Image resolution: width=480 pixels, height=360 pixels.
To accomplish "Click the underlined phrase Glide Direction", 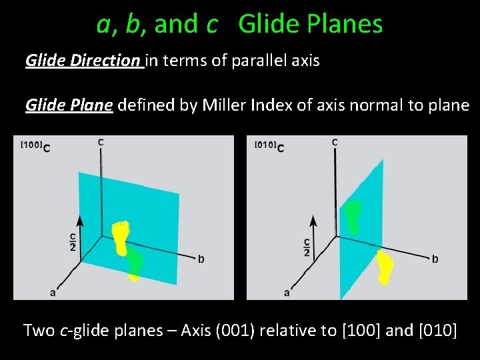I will (83, 61).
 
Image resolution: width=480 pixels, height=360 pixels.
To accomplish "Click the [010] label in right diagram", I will (265, 145).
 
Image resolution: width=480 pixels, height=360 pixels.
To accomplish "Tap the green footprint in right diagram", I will (353, 215).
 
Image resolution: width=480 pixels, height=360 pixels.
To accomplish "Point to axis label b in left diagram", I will (201, 259).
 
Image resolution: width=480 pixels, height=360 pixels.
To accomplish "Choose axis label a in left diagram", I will (53, 291).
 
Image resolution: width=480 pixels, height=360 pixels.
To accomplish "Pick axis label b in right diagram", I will (435, 259).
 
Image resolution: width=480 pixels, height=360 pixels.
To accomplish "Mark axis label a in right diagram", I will (287, 292).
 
